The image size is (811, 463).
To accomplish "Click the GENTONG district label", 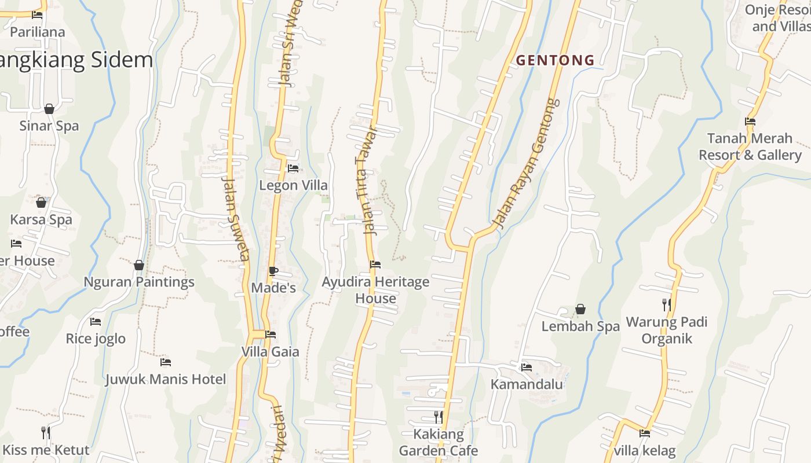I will (x=555, y=60).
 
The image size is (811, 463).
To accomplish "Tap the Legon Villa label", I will (x=293, y=186).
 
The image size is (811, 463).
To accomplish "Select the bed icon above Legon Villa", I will (x=293, y=168).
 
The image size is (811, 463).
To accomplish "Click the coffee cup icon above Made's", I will (x=273, y=271).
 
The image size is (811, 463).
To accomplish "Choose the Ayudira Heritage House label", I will (x=375, y=290).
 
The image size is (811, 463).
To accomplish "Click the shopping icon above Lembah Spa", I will (x=580, y=310).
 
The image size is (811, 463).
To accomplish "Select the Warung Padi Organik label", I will (x=667, y=330).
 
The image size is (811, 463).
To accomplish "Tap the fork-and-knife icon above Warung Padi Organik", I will (x=667, y=304).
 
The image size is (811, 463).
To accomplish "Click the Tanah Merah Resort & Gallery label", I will (x=750, y=146).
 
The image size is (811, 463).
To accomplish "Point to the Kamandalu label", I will (x=527, y=384).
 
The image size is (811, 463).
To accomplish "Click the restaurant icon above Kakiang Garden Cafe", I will (x=439, y=417).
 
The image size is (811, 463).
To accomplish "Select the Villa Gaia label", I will (x=270, y=352).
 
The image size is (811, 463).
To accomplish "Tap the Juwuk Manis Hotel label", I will (x=166, y=380).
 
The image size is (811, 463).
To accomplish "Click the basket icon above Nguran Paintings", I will (x=139, y=265).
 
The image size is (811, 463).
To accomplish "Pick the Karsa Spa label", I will (x=41, y=220).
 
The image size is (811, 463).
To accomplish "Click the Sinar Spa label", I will (x=49, y=126).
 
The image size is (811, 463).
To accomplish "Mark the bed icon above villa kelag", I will (x=645, y=433).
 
